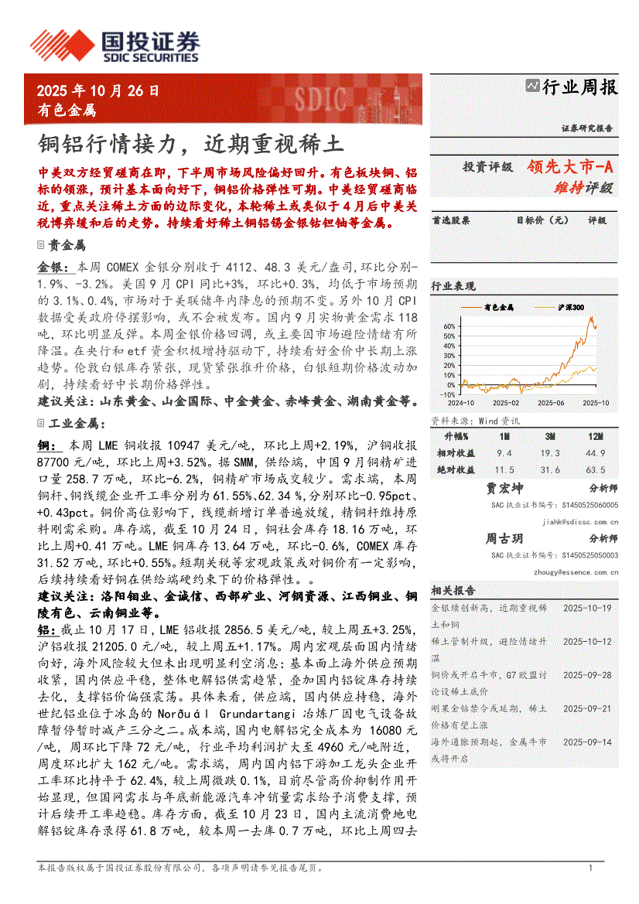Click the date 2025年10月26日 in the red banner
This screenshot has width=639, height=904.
[98, 90]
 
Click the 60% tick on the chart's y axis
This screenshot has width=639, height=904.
[449, 326]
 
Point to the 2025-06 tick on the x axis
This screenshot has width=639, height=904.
[552, 402]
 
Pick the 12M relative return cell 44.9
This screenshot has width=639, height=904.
[595, 453]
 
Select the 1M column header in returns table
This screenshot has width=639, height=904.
[504, 438]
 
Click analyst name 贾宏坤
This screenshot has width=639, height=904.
[504, 489]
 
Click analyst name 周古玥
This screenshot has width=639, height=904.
[504, 538]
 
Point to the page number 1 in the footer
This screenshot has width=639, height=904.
[590, 868]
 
